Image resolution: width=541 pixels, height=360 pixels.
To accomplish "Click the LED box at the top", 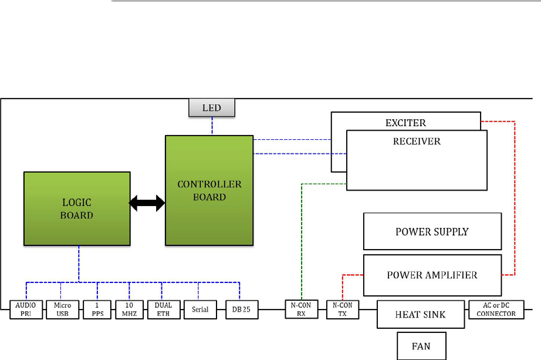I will tap(212, 107).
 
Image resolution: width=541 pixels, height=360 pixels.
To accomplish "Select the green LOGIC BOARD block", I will tap(77, 208).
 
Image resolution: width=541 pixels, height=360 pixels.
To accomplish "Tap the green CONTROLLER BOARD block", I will tap(209, 190).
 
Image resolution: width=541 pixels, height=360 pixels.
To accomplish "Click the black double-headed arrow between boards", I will tap(147, 203).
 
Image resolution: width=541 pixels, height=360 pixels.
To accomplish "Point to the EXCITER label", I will tap(405, 123).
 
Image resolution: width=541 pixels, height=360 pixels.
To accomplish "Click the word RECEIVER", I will tap(417, 142).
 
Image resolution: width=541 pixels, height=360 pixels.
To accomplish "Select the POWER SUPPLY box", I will tap(432, 231).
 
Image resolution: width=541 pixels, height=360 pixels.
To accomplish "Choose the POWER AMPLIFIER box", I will tap(432, 275).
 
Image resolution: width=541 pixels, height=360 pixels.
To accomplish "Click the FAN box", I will tap(421, 346).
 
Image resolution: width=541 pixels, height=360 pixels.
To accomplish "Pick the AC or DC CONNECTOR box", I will tap(496, 309).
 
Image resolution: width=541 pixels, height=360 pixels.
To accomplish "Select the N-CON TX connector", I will tap(342, 309).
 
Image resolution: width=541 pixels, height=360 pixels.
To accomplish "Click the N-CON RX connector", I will tap(302, 309).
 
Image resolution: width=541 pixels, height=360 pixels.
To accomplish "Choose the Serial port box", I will tap(200, 309).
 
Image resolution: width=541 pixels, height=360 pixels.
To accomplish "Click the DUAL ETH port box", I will tap(164, 309).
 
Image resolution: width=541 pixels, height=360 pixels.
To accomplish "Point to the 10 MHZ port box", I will tap(129, 309).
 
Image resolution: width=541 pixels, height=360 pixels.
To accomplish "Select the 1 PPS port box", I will tap(97, 309).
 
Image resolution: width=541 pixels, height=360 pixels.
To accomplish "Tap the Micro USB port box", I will tap(62, 309).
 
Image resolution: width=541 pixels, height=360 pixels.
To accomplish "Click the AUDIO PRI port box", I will tap(26, 309).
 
